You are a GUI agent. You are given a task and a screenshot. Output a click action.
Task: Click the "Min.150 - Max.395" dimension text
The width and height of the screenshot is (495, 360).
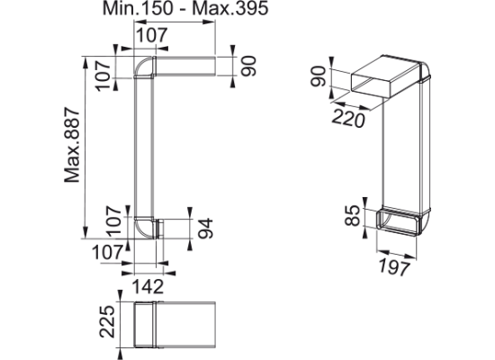[185, 8]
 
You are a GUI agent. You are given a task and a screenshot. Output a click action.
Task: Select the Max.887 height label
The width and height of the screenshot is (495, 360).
[72, 145]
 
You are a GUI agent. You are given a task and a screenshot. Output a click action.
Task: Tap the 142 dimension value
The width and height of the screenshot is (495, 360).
[148, 286]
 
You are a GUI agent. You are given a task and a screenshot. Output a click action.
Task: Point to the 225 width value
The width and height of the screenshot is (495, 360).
[107, 321]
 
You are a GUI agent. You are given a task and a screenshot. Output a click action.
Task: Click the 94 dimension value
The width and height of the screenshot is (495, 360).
[205, 228]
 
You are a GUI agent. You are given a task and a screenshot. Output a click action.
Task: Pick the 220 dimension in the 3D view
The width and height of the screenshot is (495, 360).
[348, 119]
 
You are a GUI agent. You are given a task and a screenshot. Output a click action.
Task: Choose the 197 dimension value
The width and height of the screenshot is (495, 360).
[394, 266]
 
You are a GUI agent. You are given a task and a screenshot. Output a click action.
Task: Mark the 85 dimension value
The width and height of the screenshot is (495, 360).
[352, 216]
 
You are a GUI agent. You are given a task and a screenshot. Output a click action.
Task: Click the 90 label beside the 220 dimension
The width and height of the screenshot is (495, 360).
[318, 76]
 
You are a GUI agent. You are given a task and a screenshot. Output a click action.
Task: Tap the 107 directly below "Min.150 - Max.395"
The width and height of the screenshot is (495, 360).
[151, 35]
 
